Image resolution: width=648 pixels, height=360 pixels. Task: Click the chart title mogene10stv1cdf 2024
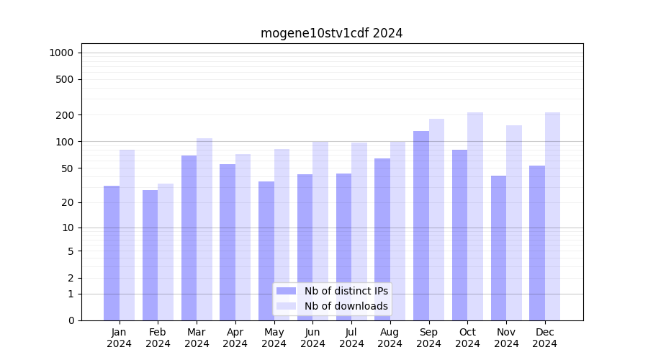(x=331, y=33)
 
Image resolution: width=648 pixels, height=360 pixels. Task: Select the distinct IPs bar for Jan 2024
(x=112, y=253)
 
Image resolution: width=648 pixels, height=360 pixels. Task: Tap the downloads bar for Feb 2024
(x=166, y=252)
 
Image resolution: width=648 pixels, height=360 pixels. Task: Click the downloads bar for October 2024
(x=475, y=216)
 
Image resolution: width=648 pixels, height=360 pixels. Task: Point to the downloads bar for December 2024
(x=552, y=216)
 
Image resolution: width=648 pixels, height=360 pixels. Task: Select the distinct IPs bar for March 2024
(x=189, y=238)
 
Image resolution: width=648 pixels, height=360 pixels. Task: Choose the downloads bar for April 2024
(x=243, y=237)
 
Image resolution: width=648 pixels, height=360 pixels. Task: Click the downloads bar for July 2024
(x=359, y=231)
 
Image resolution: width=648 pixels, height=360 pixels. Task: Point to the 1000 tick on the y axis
(x=61, y=53)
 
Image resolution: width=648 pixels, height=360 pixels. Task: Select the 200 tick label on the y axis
(x=66, y=115)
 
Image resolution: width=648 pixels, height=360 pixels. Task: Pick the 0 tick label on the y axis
(x=71, y=320)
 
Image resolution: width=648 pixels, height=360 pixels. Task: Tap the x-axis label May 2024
(x=274, y=338)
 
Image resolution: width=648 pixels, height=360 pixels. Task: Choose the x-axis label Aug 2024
(x=390, y=338)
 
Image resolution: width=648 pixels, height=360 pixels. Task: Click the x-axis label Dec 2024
(x=545, y=338)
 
